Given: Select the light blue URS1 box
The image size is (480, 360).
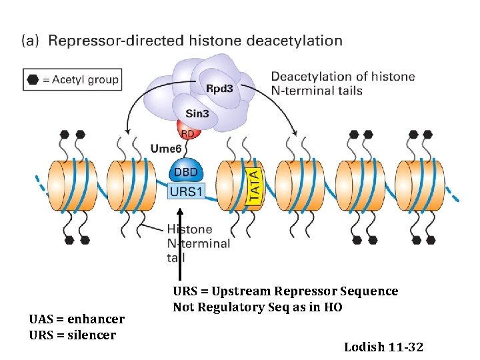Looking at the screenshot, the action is click(x=186, y=191).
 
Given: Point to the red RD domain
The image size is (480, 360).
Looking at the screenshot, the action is click(x=189, y=129).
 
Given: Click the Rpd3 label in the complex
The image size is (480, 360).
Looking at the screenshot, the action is click(x=219, y=89).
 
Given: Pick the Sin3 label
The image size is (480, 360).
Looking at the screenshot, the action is click(x=197, y=113).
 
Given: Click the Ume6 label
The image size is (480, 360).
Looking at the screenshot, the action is click(x=166, y=149).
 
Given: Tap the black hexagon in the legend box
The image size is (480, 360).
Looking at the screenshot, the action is click(x=33, y=79).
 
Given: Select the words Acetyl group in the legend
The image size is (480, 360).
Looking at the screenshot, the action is click(x=85, y=80).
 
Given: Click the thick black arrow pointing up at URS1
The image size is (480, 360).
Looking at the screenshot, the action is click(x=180, y=244).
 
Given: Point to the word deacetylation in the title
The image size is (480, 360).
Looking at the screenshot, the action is click(x=294, y=41).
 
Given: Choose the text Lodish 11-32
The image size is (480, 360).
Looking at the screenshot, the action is click(x=383, y=347).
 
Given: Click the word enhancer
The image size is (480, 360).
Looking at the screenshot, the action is click(x=96, y=319).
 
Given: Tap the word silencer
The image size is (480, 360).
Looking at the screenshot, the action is click(x=91, y=335).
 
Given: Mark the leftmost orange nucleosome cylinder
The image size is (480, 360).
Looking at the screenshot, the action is click(x=73, y=186).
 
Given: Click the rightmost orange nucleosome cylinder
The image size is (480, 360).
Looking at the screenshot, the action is click(x=420, y=186).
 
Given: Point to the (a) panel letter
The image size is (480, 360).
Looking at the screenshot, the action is click(x=30, y=41).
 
